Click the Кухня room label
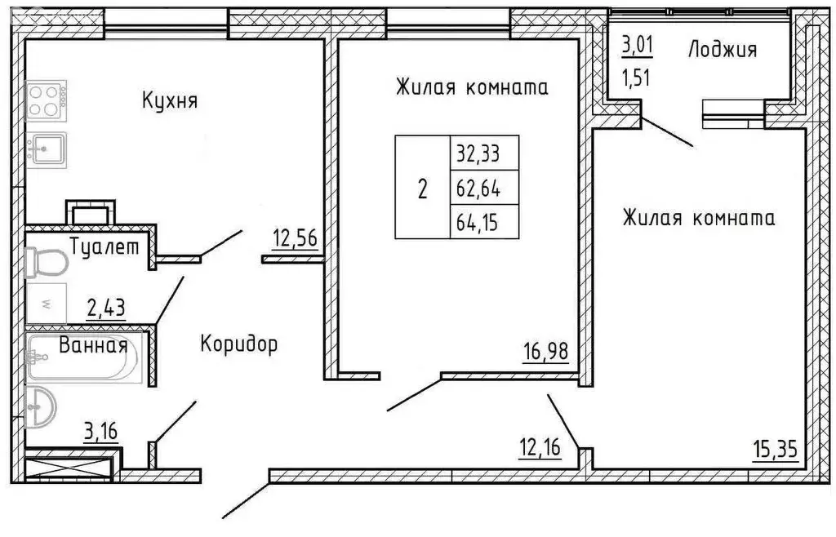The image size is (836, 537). click(x=170, y=102)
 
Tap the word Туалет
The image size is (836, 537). click(x=104, y=246)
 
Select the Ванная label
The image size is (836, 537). click(x=92, y=345)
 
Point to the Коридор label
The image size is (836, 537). click(x=238, y=344)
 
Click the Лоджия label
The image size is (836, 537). click(x=723, y=50)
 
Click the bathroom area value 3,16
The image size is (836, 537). click(x=101, y=429)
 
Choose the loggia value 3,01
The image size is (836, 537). click(x=638, y=44)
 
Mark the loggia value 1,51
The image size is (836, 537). click(x=638, y=80)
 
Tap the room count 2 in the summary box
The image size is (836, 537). click(x=422, y=189)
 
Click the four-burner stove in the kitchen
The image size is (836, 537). click(x=47, y=101)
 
